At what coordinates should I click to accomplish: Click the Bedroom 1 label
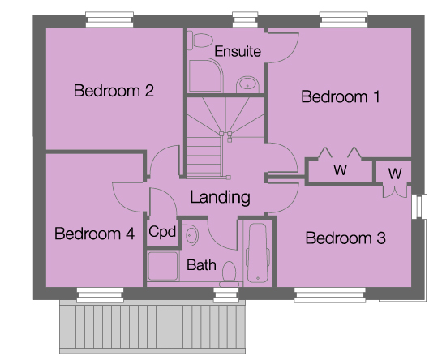pyautogui.click(x=340, y=97)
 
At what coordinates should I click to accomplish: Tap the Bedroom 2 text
pyautogui.click(x=114, y=91)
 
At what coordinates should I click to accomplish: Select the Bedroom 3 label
pyautogui.click(x=345, y=238)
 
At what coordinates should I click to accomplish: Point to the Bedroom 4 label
pyautogui.click(x=94, y=234)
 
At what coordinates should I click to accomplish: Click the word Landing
pyautogui.click(x=220, y=197)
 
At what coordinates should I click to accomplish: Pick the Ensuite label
pyautogui.click(x=238, y=51)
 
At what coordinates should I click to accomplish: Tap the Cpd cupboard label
pyautogui.click(x=162, y=232)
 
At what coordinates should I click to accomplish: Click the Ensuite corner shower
pyautogui.click(x=204, y=77)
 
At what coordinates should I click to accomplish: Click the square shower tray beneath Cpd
pyautogui.click(x=162, y=267)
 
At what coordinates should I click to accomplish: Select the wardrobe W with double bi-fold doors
pyautogui.click(x=339, y=171)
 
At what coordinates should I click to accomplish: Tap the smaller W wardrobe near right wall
pyautogui.click(x=394, y=174)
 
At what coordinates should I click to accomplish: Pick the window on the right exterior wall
pyautogui.click(x=419, y=206)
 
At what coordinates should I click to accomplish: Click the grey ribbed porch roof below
pyautogui.click(x=152, y=328)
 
